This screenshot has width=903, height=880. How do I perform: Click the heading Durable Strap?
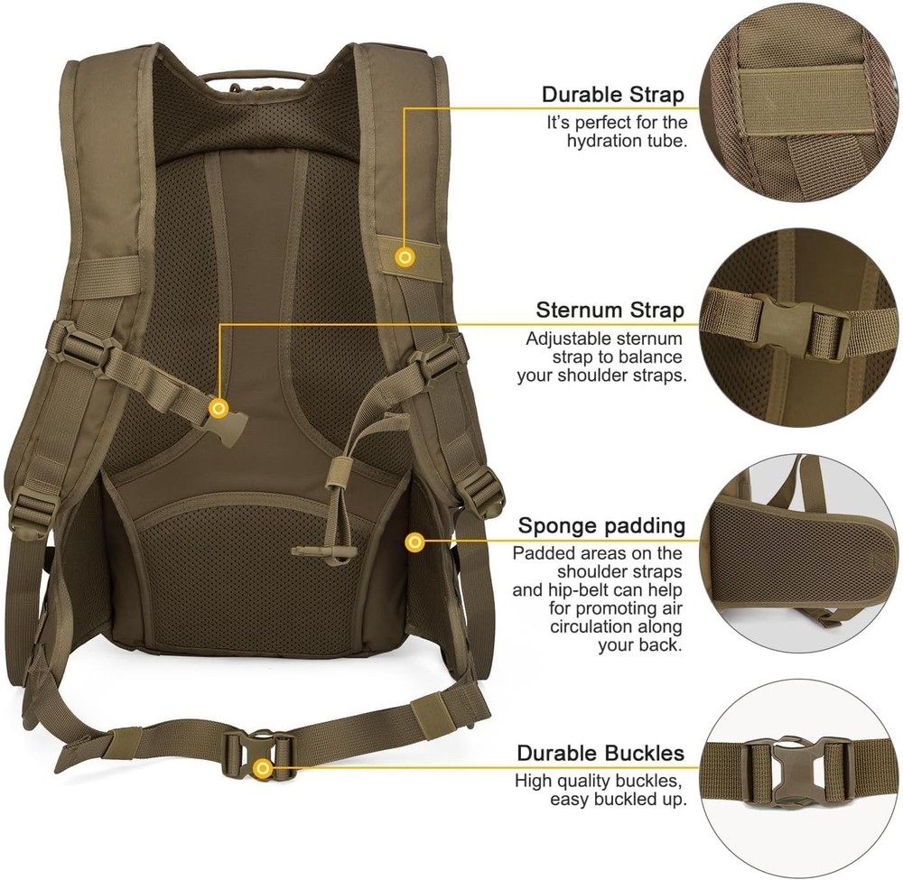coord(613,95)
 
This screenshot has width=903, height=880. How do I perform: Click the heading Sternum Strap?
coord(610,310)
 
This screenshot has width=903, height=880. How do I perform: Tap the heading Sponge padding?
coord(601,525)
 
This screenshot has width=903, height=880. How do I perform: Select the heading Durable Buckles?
coord(600,753)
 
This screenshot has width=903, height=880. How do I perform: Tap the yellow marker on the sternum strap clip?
coord(218,408)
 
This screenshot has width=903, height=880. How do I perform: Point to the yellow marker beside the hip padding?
coord(414,542)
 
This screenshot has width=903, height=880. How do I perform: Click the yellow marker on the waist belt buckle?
coord(263,768)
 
